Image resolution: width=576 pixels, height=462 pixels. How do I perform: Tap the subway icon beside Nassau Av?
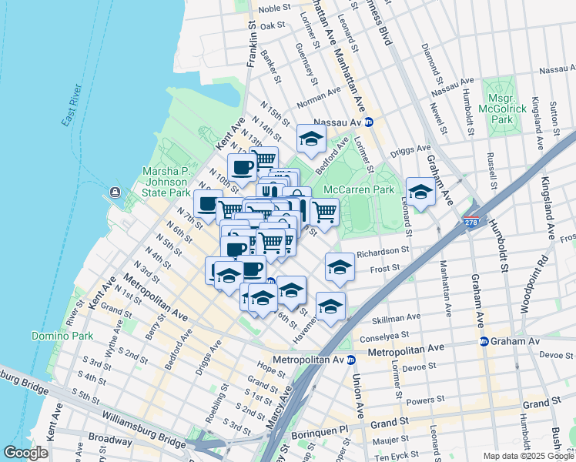369,122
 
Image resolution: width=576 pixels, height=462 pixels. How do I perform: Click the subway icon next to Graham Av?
484,341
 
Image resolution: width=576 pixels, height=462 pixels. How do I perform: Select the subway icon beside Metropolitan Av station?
350,360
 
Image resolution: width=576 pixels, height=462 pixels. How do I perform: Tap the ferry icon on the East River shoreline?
115,192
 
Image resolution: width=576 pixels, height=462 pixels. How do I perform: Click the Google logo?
27,452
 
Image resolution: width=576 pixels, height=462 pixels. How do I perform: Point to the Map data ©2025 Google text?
527,456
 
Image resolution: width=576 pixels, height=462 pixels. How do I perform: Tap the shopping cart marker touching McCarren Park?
325,211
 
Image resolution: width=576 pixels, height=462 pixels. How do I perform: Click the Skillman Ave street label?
397,316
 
